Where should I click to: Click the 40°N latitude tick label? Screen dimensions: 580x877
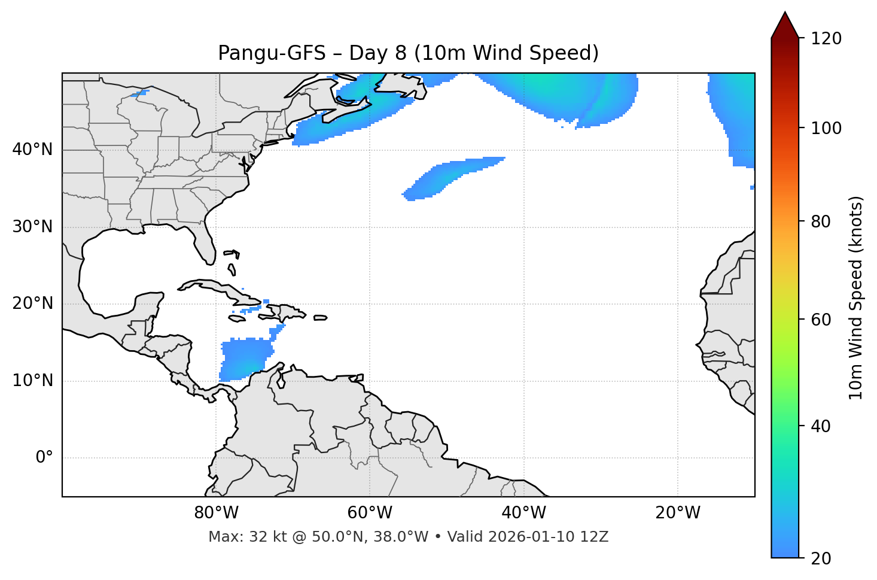32,150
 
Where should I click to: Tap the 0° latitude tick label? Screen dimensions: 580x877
44,458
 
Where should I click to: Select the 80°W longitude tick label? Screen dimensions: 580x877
216,513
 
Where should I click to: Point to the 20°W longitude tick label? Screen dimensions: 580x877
678,513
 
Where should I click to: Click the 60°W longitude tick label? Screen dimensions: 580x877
370,513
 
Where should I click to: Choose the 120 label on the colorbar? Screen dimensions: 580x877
826,39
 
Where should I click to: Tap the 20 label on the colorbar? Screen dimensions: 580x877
821,558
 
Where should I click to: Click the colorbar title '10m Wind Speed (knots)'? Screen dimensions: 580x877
856,297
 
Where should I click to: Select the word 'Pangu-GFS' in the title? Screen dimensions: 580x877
272,53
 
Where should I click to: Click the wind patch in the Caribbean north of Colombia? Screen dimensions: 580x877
245,359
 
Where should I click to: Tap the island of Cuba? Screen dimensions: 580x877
221,290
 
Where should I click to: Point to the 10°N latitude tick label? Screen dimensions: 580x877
32,381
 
